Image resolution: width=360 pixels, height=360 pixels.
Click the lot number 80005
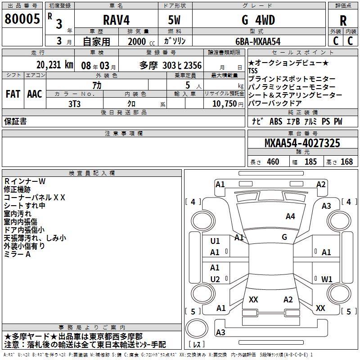point(21,19)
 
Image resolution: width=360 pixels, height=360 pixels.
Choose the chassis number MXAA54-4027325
point(302,143)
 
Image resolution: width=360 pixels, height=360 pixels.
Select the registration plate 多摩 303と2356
point(171,65)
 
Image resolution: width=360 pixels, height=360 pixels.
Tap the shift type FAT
point(13,94)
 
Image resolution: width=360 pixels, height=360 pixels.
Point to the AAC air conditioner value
point(34,94)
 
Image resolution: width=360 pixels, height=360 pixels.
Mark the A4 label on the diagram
point(290,216)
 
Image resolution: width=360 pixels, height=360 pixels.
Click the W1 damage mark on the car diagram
point(326,279)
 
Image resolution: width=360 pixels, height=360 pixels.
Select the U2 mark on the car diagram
point(215,279)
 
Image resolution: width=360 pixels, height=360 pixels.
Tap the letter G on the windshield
point(284,237)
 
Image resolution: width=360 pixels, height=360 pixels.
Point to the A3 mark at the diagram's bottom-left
point(220,332)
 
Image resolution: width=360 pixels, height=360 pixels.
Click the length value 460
point(273,162)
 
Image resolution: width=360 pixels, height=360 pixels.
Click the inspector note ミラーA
point(17,255)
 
